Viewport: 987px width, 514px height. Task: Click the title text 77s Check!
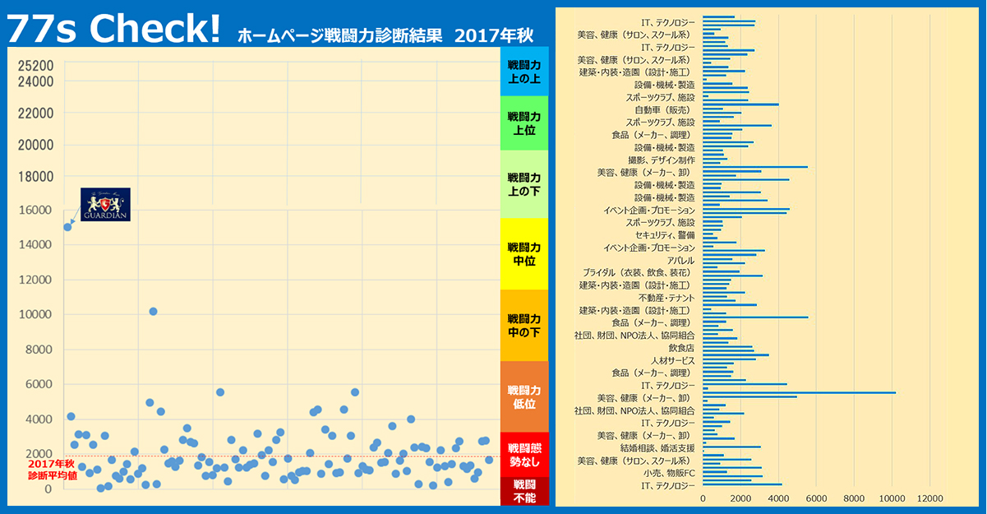coord(113,30)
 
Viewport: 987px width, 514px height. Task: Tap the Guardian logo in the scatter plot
coord(105,203)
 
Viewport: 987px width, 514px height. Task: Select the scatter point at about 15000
coord(67,227)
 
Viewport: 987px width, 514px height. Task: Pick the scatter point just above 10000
coord(153,312)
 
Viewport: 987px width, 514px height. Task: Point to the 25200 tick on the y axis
coord(36,66)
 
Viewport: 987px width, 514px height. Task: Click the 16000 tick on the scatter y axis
coord(36,210)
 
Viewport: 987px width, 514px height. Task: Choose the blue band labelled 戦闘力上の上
coord(524,72)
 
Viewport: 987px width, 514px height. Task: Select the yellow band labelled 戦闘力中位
coord(524,254)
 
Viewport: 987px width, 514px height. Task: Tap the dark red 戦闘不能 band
coord(524,491)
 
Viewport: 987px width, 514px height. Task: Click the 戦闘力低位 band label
coord(524,396)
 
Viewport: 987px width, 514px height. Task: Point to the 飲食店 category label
coord(681,348)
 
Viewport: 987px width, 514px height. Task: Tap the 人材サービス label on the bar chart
coord(672,360)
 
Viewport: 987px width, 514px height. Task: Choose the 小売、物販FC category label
coord(669,473)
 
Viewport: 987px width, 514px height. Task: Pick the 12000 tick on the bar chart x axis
coord(929,499)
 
